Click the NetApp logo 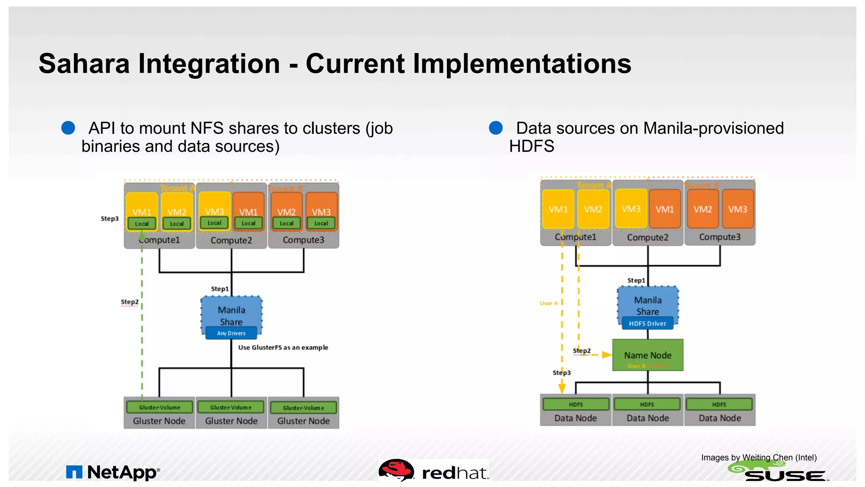(x=113, y=472)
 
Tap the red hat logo (x=434, y=471)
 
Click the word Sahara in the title (x=84, y=64)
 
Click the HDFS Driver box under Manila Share (x=647, y=323)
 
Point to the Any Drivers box (x=231, y=333)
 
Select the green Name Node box (x=647, y=355)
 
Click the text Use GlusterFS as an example (x=283, y=347)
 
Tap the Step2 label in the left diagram (x=130, y=302)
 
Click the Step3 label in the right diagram (x=561, y=372)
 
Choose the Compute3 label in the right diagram (x=720, y=237)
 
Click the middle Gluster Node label (x=231, y=421)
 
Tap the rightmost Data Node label (x=720, y=418)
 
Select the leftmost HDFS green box (x=576, y=404)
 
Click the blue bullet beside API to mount (x=68, y=128)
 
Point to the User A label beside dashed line (x=549, y=303)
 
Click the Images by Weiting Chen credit (x=759, y=457)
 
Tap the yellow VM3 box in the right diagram (x=631, y=208)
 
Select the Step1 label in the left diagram (x=220, y=289)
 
